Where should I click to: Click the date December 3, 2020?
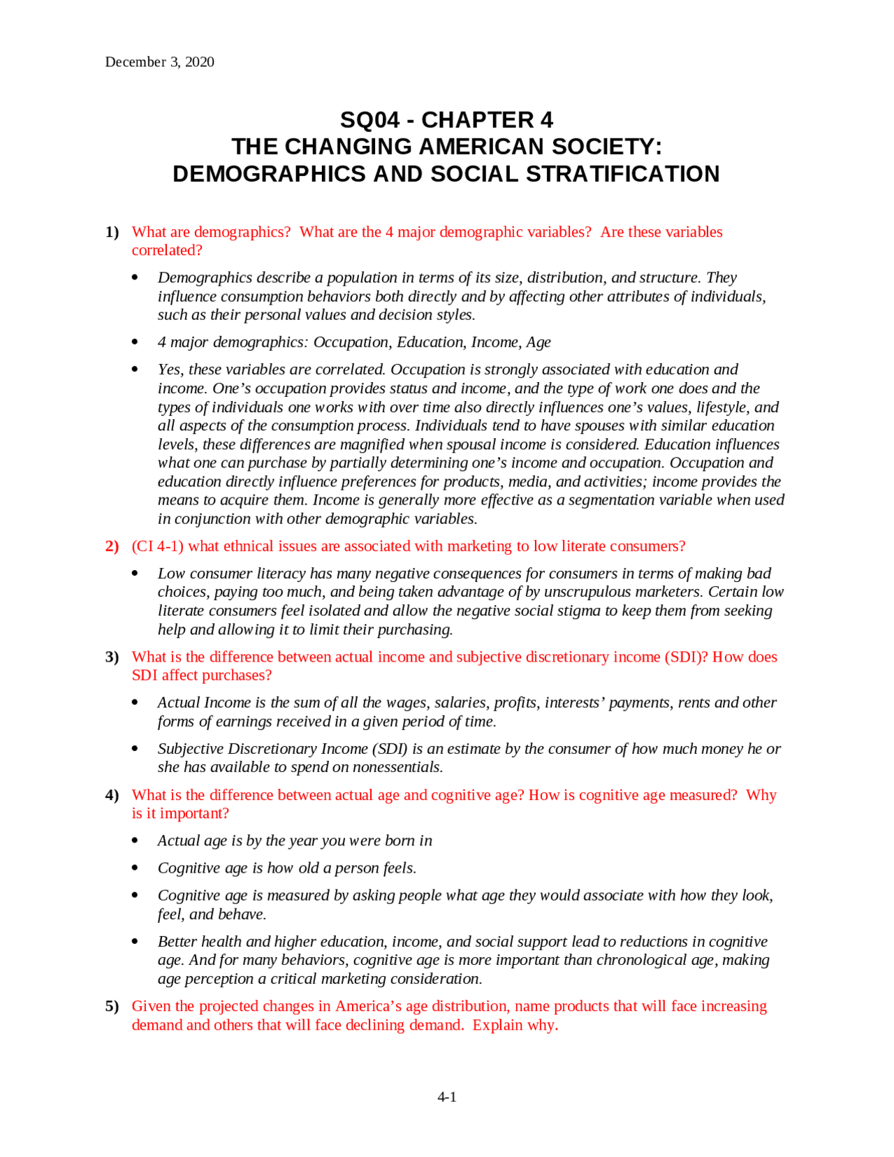point(159,62)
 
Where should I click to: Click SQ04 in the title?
point(369,120)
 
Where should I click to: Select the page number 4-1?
point(447,1097)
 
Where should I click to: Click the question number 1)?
point(112,232)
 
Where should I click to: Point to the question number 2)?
point(112,546)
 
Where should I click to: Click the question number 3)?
point(112,657)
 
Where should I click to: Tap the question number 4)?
point(112,795)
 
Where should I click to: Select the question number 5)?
point(112,1006)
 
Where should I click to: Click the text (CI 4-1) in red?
point(157,546)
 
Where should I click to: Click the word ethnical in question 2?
point(251,546)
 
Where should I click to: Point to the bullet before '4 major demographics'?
point(135,342)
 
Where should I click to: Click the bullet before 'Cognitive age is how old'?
point(135,868)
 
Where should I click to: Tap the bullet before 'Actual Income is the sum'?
point(135,703)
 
